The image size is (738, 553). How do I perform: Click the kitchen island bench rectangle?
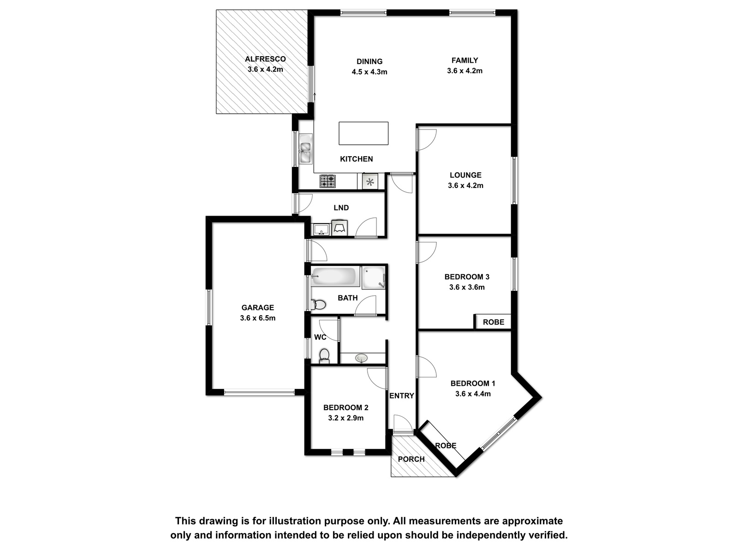[x=363, y=133]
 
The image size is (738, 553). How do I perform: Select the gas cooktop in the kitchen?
[x=327, y=181]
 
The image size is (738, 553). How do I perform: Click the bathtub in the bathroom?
[x=333, y=276]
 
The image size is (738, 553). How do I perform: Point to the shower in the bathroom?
[x=374, y=277]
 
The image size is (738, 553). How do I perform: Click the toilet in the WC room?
[x=324, y=356]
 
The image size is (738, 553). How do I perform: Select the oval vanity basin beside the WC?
[x=361, y=358]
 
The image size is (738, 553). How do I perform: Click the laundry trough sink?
[x=321, y=230]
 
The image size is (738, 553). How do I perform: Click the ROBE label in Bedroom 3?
[x=493, y=322]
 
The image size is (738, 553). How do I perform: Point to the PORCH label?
[x=411, y=459]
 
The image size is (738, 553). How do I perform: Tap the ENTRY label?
[x=401, y=396]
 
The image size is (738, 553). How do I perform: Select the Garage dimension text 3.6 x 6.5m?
[x=257, y=318]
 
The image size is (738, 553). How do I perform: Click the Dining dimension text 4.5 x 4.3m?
[x=369, y=72]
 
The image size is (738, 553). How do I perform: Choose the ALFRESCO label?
[x=265, y=59]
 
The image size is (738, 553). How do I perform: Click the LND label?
[x=341, y=208]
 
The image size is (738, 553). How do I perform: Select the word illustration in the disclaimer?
[x=293, y=521]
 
